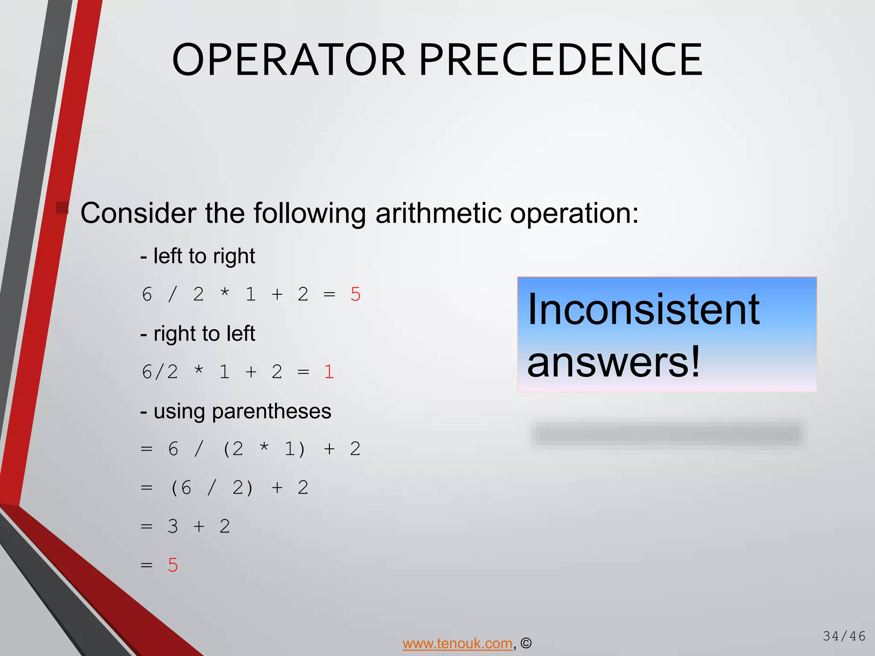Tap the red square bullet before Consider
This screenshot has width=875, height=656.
pyautogui.click(x=62, y=208)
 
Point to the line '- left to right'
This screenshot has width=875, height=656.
pyautogui.click(x=198, y=256)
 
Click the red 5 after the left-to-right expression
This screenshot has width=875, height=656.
pyautogui.click(x=355, y=295)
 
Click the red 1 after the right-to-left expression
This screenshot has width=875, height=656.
pyautogui.click(x=329, y=372)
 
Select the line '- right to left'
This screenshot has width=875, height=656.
pyautogui.click(x=198, y=334)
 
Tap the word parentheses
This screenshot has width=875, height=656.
pyautogui.click(x=271, y=411)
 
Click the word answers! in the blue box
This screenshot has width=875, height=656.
pyautogui.click(x=614, y=362)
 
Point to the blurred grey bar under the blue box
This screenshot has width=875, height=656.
pyautogui.click(x=667, y=434)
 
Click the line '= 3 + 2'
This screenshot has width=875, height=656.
pyautogui.click(x=186, y=527)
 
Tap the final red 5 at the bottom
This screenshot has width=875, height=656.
pyautogui.click(x=173, y=565)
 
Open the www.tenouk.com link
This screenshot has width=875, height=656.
pyautogui.click(x=457, y=643)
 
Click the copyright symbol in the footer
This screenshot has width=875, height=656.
pyautogui.click(x=526, y=643)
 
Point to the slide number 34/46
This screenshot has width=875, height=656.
pyautogui.click(x=844, y=636)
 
